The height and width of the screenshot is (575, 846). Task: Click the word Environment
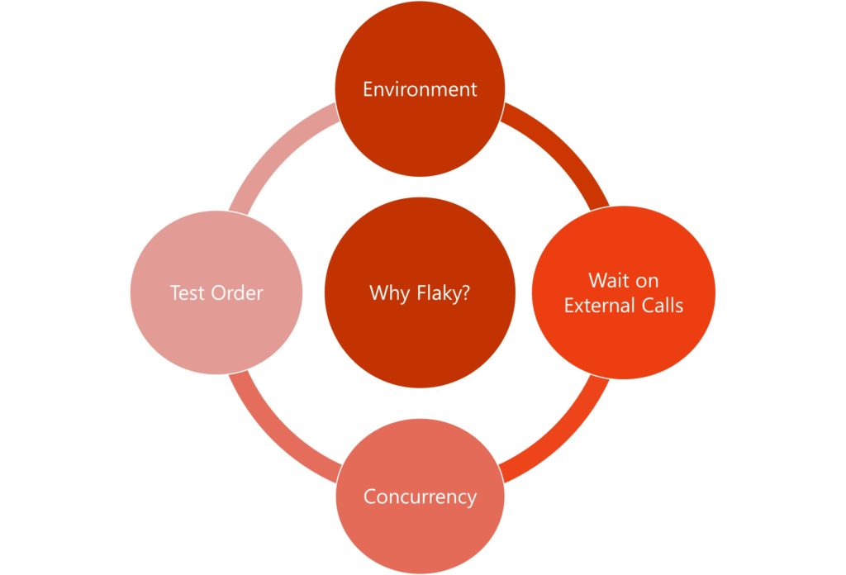(x=420, y=89)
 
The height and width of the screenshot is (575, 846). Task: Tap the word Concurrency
(x=420, y=497)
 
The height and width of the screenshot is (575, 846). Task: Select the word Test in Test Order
(x=187, y=292)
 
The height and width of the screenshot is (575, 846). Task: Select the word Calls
(x=662, y=305)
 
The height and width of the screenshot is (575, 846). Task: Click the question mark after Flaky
(x=466, y=292)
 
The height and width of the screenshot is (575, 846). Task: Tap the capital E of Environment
(x=368, y=89)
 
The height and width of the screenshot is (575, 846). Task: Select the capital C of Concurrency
(x=369, y=497)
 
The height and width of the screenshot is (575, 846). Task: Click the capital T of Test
(x=175, y=292)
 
